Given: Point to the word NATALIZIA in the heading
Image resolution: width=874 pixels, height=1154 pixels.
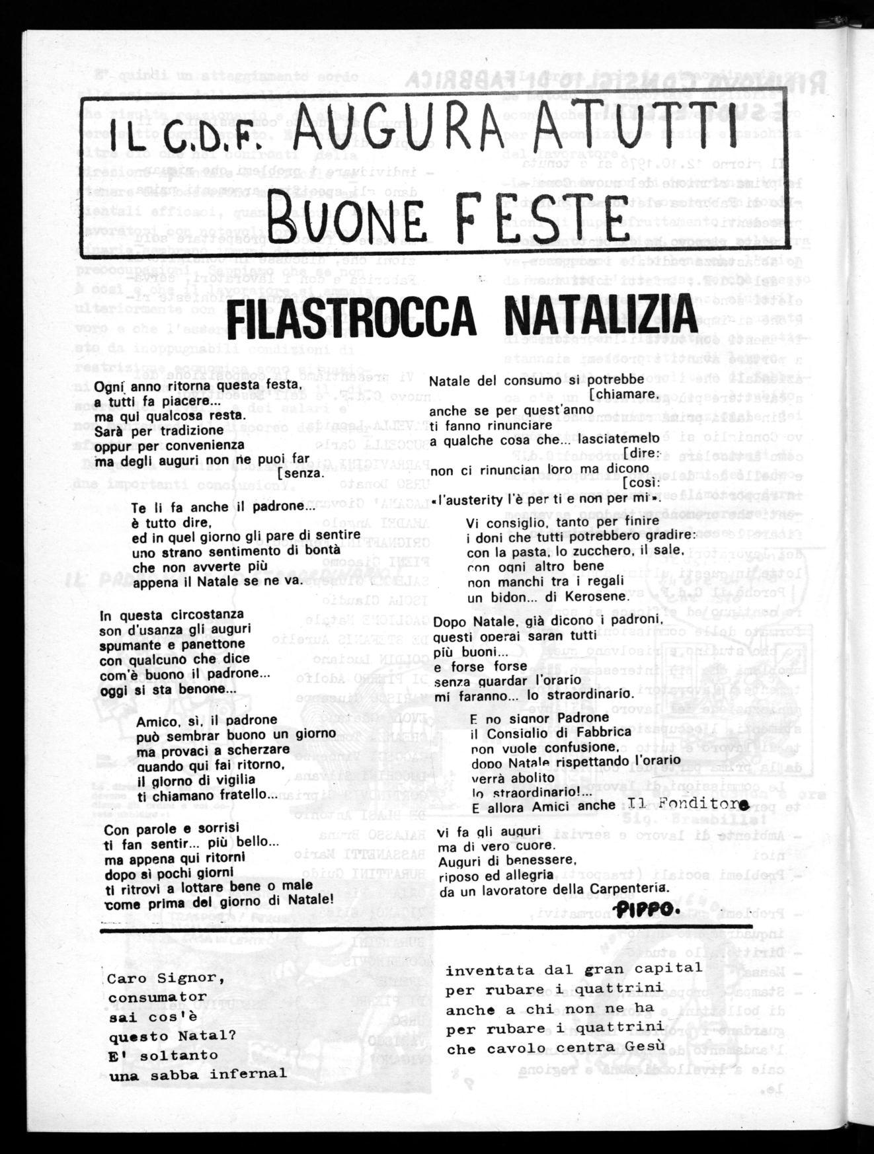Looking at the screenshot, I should click(586, 319).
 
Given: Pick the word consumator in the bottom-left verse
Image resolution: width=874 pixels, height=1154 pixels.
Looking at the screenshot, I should click(157, 996).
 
